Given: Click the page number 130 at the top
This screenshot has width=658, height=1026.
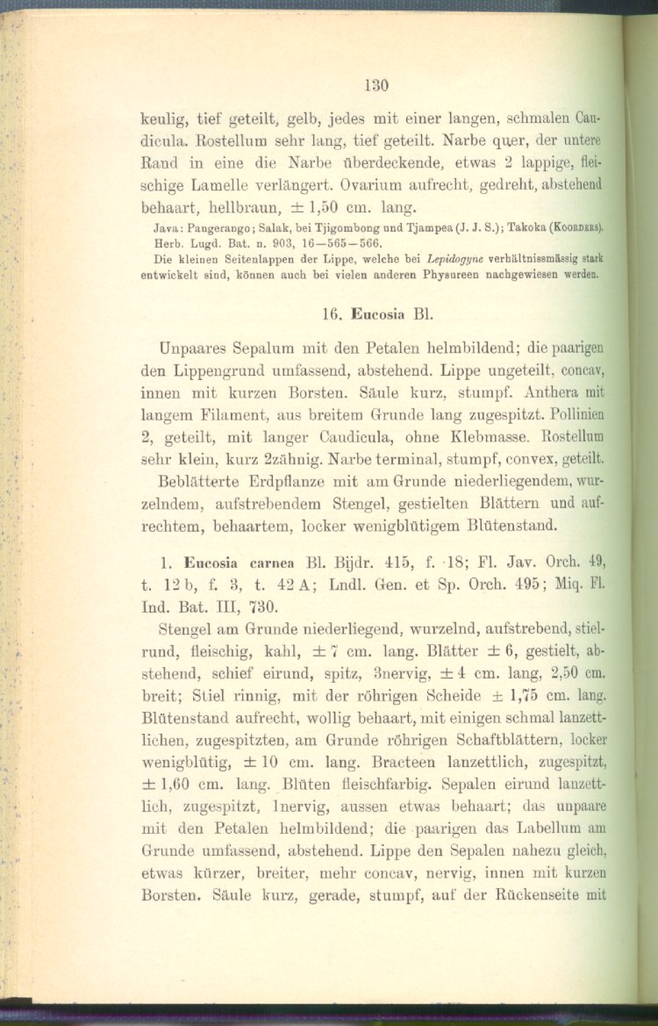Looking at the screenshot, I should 377,85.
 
